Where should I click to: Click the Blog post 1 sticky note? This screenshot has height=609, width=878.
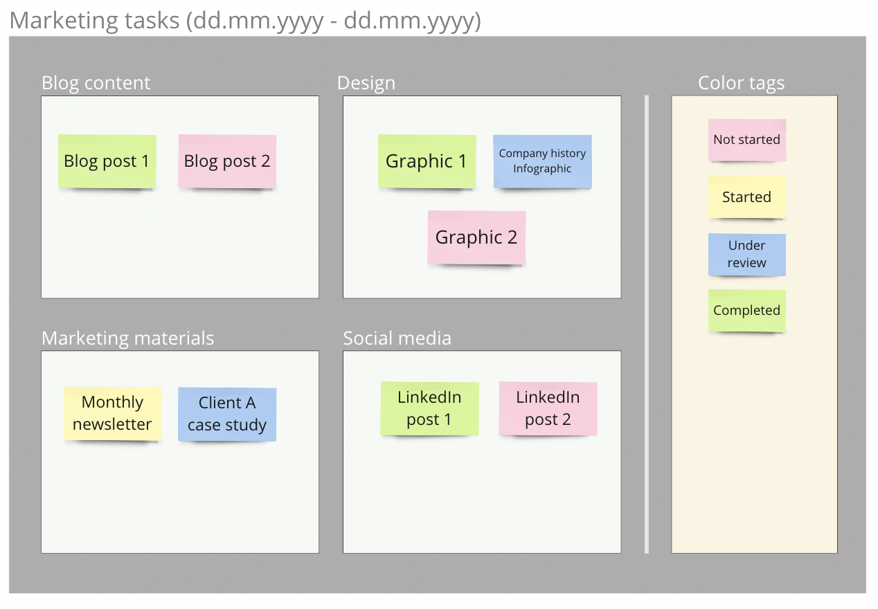tap(107, 161)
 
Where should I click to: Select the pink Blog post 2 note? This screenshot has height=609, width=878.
tap(227, 161)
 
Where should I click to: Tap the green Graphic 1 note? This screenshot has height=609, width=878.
tap(427, 161)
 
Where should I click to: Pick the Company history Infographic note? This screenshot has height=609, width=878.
tap(542, 161)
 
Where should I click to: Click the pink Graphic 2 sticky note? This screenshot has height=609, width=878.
tap(476, 237)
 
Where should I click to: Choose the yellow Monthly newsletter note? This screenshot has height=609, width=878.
tap(112, 413)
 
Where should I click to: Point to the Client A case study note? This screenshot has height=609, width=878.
tap(227, 414)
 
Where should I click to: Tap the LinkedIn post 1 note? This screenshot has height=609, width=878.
tap(429, 408)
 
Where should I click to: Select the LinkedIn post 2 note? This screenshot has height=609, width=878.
tap(548, 408)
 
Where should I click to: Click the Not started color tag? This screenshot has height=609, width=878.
tap(746, 140)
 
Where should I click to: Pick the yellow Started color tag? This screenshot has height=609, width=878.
tap(746, 197)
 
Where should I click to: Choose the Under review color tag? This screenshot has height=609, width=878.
tap(746, 254)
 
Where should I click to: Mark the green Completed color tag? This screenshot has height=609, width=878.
tap(746, 311)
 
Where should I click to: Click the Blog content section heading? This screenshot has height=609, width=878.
tap(96, 83)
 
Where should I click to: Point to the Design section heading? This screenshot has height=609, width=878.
tap(366, 83)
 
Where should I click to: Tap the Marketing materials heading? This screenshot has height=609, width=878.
tap(127, 338)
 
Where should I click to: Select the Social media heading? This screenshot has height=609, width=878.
tap(397, 338)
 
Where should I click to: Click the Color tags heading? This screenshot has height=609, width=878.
tap(741, 83)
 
